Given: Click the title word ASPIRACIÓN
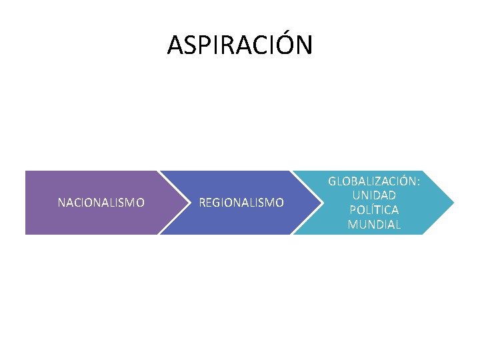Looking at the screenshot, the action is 239,45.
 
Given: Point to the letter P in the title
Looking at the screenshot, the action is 199,45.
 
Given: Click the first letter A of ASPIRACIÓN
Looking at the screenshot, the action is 175,45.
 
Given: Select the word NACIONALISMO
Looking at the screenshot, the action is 101,202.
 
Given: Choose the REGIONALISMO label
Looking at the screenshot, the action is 242,202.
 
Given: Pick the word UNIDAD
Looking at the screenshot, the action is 374,195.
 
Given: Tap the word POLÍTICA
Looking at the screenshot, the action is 374,210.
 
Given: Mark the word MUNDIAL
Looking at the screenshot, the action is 374,225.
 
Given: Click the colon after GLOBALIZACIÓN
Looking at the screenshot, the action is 418,182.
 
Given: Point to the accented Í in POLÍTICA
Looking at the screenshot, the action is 367,209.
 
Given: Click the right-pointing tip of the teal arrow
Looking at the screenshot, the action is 453,202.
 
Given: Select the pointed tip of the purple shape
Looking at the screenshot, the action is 187,202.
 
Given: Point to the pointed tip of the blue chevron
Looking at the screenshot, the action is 322,202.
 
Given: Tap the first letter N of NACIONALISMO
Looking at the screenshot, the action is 61,202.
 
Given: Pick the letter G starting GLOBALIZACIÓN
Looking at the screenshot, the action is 332,181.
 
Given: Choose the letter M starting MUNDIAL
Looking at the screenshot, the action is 352,225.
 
